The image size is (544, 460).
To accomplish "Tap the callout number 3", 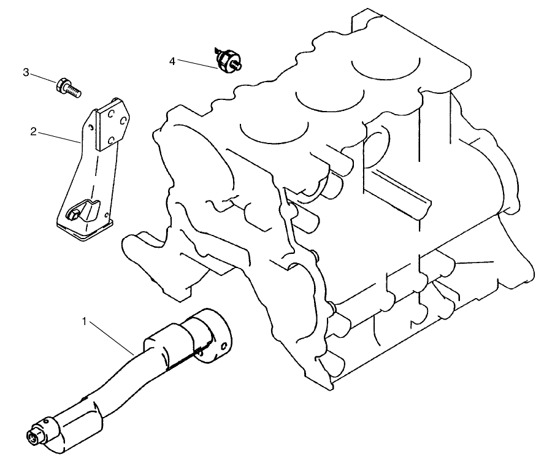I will (x=26, y=73).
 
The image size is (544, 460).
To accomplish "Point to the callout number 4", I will (x=172, y=61).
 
